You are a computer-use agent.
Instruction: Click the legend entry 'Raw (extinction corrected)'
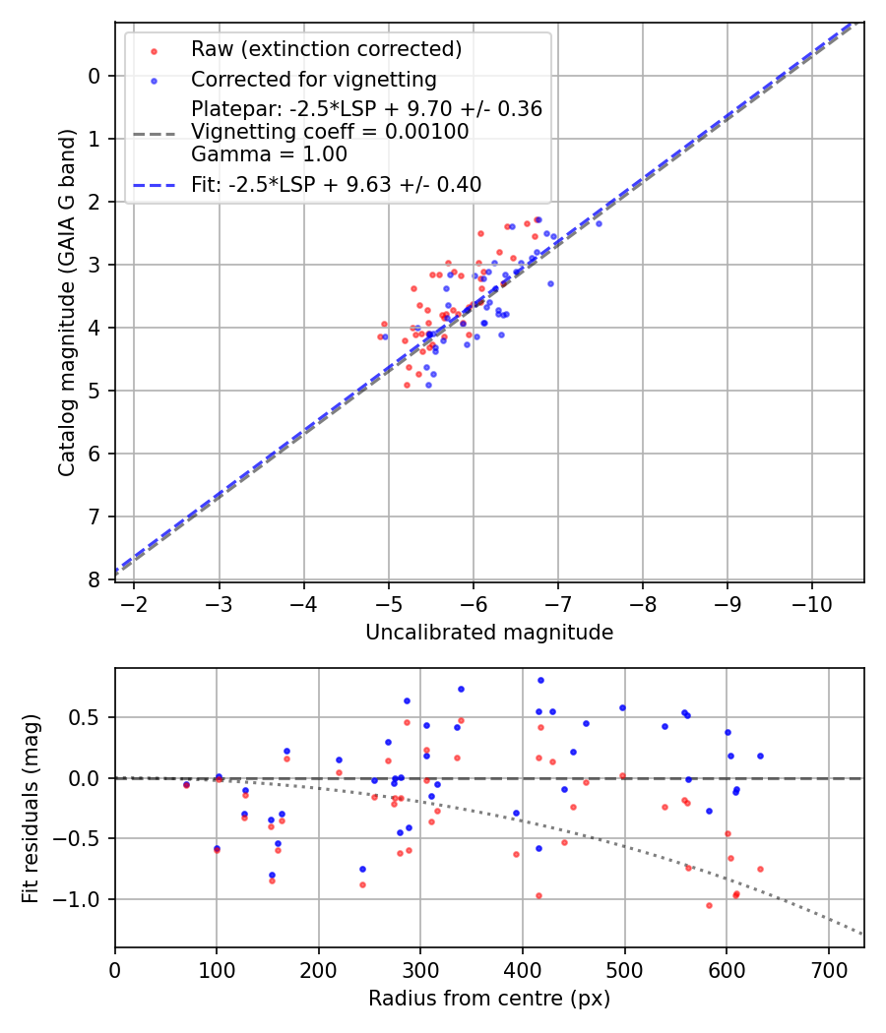click(x=326, y=49)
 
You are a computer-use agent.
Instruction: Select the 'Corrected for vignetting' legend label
click(x=314, y=79)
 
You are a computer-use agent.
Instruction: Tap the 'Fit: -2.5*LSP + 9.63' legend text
click(x=336, y=184)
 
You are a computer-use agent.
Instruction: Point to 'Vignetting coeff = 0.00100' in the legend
click(x=330, y=132)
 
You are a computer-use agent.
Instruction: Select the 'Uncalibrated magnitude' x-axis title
click(x=489, y=633)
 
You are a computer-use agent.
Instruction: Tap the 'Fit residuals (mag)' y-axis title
click(x=31, y=807)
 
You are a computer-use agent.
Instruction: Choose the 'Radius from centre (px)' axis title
click(x=489, y=999)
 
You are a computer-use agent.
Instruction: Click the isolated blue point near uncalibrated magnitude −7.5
click(x=599, y=223)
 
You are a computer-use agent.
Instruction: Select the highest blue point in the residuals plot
click(x=540, y=680)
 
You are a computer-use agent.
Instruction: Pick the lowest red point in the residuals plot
click(x=709, y=905)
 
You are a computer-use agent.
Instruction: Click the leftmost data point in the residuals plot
click(x=186, y=784)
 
